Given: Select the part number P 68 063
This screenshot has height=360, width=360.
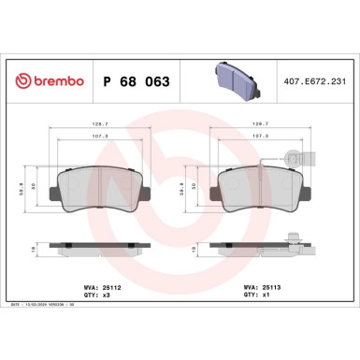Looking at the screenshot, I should pyautogui.click(x=134, y=82).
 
